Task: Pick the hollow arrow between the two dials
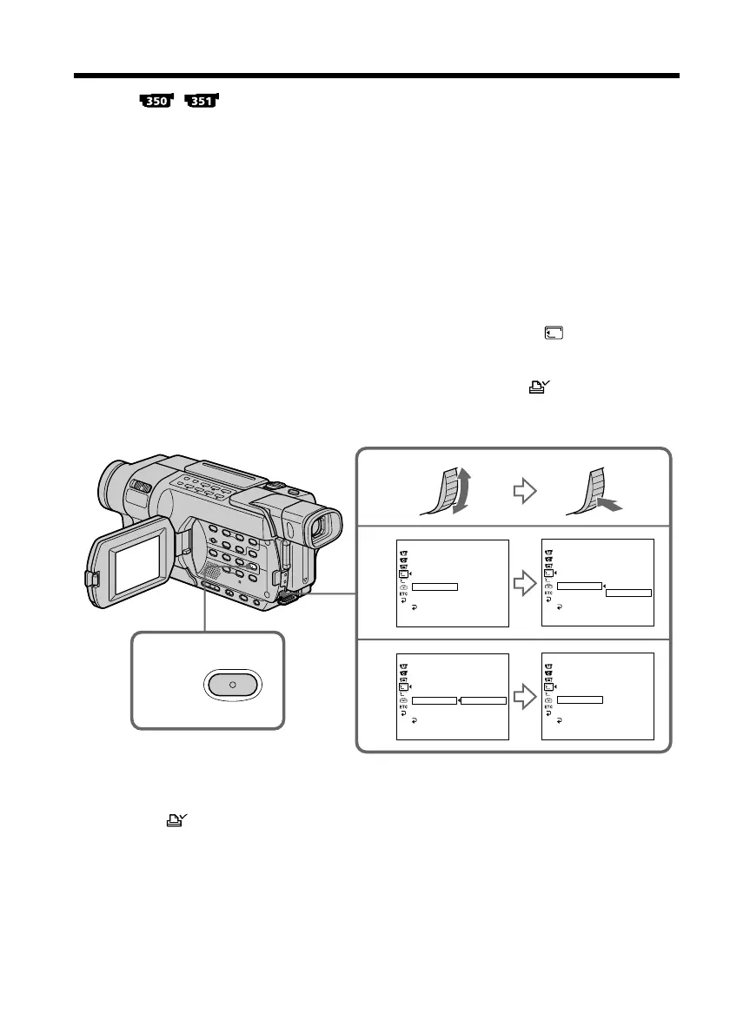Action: point(524,491)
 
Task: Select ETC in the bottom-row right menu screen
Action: point(548,707)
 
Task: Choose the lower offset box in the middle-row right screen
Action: point(628,593)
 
